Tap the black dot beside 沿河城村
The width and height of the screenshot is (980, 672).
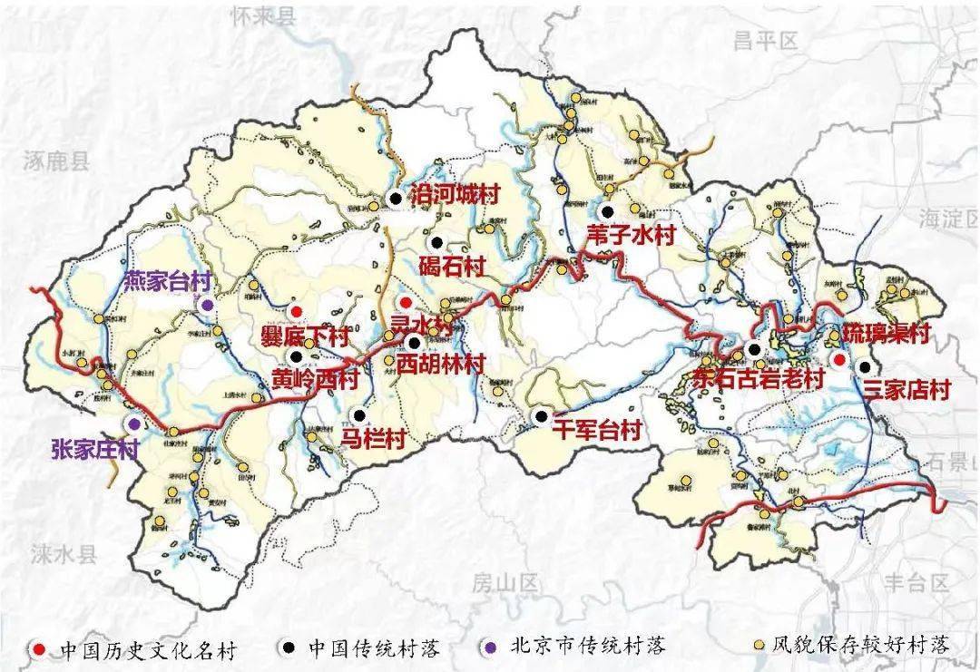pos(395,197)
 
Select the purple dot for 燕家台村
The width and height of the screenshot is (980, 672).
pos(208,306)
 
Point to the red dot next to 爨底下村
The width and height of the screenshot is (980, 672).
pos(296,311)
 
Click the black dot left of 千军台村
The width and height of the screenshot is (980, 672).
pos(541,416)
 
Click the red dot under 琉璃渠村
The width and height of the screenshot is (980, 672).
pos(840,360)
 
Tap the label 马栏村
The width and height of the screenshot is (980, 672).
pos(372,439)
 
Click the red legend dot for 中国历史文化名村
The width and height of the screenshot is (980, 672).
pos(38,647)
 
